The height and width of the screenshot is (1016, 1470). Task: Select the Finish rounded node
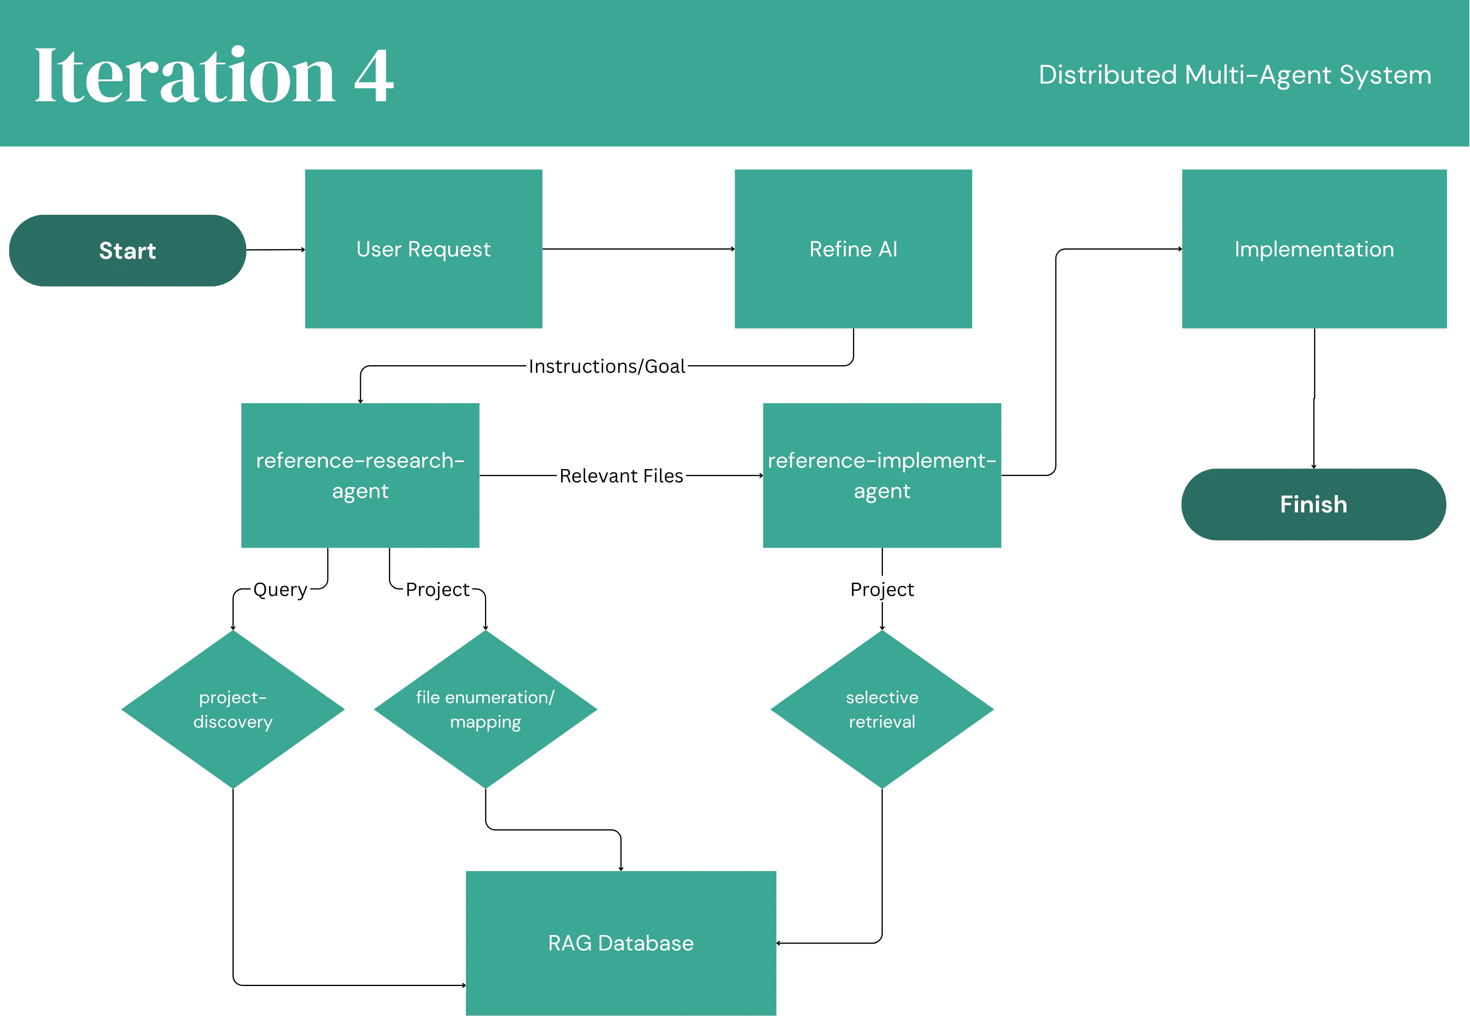pos(1314,504)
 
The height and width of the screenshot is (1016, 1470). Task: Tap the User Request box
pos(423,249)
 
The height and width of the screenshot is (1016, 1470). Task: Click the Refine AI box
pos(853,249)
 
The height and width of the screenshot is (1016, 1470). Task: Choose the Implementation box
pos(1314,249)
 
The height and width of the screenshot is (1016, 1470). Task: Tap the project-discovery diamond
pos(233,709)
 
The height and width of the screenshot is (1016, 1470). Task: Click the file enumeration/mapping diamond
pos(485,709)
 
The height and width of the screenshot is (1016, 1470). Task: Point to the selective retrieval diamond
pos(882,709)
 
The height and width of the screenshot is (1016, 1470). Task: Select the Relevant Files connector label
pos(621,476)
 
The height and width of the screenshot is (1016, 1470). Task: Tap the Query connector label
pos(280,590)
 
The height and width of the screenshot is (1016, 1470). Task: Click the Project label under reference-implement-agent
pos(882,590)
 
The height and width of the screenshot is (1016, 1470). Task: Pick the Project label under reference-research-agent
pos(437,590)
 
